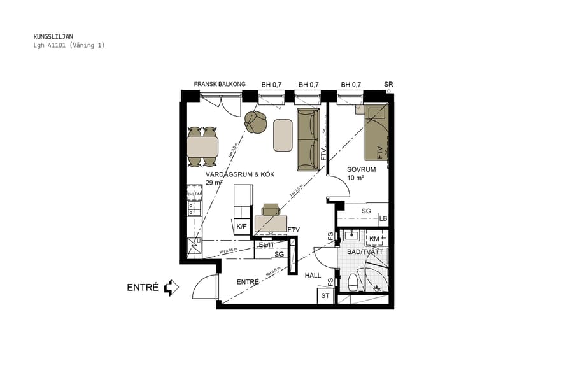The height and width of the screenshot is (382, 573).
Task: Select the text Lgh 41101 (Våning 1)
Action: click(69, 45)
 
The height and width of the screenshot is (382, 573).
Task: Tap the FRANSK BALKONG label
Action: click(220, 84)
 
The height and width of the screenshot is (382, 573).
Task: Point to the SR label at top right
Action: click(388, 85)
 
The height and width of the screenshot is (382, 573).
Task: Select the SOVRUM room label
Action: click(361, 169)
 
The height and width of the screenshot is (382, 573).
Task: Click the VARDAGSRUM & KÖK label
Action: click(239, 174)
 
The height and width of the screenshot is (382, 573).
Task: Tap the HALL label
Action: click(313, 276)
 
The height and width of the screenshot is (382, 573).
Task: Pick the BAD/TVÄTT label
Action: click(364, 252)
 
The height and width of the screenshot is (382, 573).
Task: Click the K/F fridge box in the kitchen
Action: click(241, 227)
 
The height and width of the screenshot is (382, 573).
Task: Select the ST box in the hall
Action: click(325, 296)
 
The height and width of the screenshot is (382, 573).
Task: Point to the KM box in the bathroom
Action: click(374, 239)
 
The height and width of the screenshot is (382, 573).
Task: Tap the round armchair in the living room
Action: click(256, 122)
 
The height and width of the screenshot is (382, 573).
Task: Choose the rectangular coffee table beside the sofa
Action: click(283, 135)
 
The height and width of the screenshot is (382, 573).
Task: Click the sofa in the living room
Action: click(308, 139)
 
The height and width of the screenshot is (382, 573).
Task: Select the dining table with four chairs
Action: click(202, 147)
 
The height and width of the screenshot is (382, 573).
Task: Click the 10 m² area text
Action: click(355, 178)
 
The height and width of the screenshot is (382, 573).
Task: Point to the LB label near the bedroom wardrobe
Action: click(383, 218)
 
